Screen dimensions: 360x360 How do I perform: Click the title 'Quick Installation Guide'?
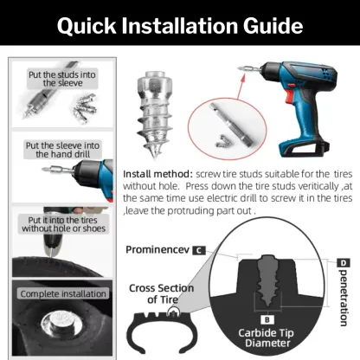tap(179, 26)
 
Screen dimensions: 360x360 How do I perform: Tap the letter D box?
tap(344, 262)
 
